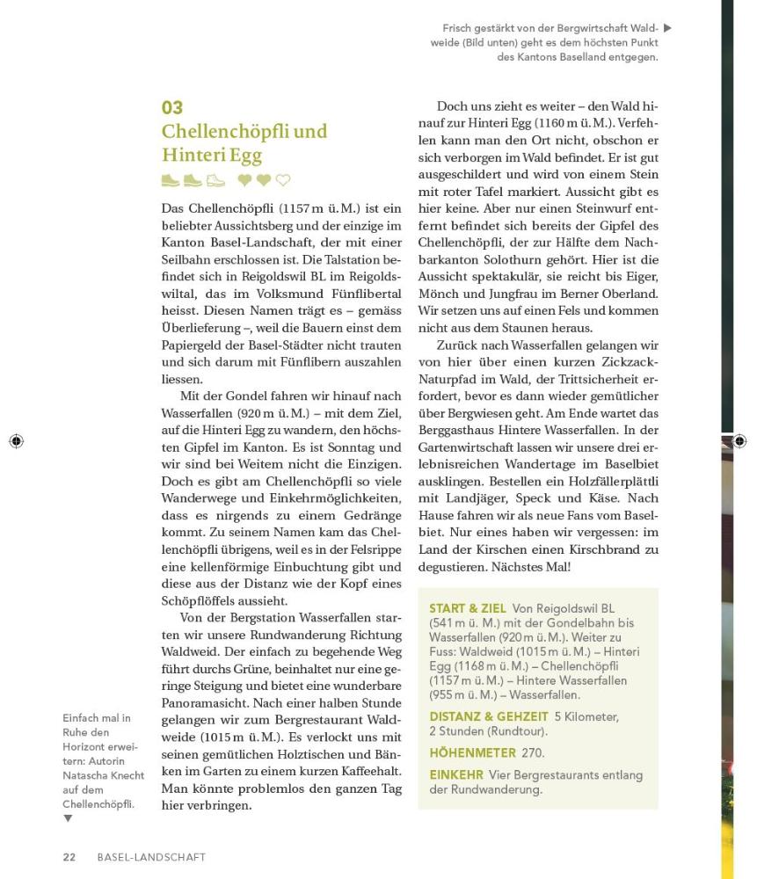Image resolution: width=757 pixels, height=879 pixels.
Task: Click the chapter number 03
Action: coord(172,108)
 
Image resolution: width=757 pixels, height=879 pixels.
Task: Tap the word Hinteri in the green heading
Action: coord(190,156)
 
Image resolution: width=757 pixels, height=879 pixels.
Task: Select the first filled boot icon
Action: coord(171,181)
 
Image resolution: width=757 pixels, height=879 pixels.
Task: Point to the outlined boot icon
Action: coord(215,181)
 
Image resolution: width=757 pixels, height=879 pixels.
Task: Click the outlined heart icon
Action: coord(282,181)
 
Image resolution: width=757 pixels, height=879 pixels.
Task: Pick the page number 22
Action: coord(69,857)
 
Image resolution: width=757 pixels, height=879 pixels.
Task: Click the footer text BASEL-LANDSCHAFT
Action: coord(151,857)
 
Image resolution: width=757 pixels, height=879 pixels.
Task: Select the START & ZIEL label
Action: coord(467,609)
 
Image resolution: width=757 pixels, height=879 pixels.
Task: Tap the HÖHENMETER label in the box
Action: coord(472,753)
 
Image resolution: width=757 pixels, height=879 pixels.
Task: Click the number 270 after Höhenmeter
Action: coord(533,753)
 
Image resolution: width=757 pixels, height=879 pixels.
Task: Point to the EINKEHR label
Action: coord(455,775)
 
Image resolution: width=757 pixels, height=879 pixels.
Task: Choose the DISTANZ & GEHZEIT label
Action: coord(488,717)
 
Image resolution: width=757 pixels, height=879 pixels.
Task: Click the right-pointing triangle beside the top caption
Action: coord(667,28)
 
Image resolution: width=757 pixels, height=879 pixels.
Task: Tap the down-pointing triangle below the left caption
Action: coord(68,818)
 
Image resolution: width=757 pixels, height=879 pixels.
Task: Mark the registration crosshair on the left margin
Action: coord(16,441)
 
